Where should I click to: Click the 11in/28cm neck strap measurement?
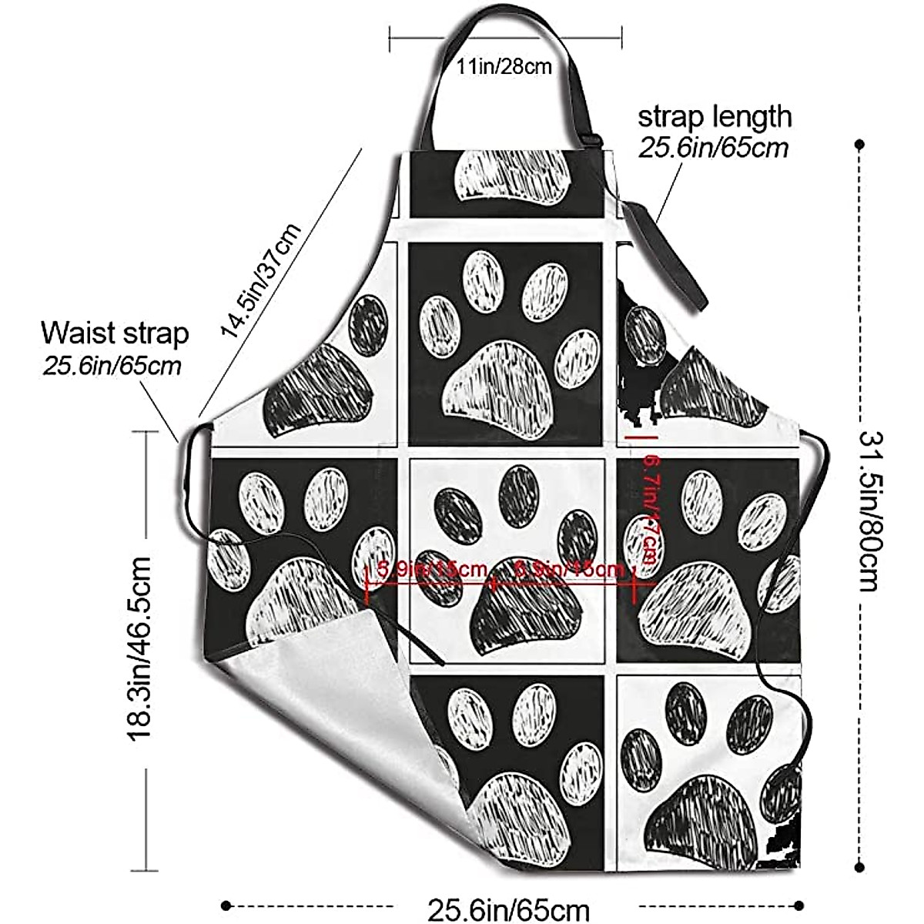(x=504, y=66)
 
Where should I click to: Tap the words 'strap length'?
(x=714, y=117)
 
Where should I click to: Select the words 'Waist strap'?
(x=115, y=333)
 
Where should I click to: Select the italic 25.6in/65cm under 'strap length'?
(x=713, y=147)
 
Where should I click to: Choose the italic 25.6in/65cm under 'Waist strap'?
(x=112, y=365)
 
